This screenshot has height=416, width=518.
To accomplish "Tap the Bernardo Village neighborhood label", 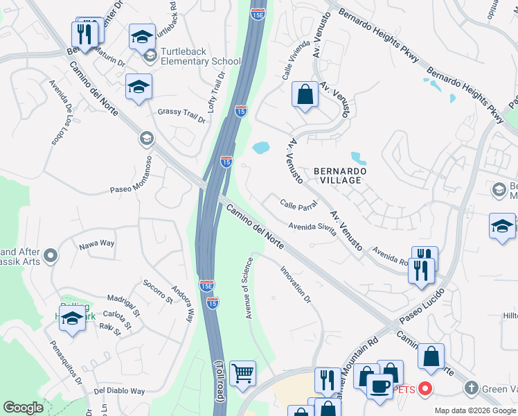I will [338, 175].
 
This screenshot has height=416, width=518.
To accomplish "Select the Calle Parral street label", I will [298, 205].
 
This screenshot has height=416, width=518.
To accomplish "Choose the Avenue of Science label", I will [247, 288].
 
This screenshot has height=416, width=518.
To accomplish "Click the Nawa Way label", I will [96, 243].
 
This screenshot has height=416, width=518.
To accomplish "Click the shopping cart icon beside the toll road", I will [242, 374].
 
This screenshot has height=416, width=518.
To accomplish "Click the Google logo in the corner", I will [23, 408].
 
